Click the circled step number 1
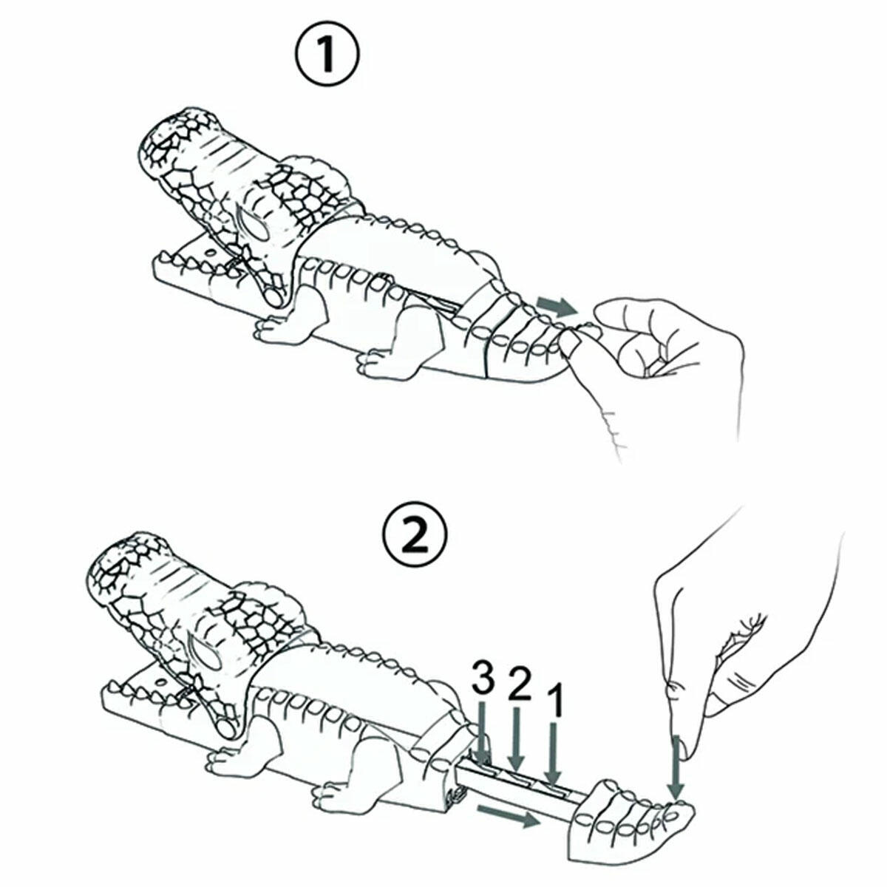point(327,55)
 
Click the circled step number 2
point(415,535)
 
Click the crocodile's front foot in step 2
point(228,764)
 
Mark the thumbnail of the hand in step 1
point(571,341)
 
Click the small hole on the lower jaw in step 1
point(211,253)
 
